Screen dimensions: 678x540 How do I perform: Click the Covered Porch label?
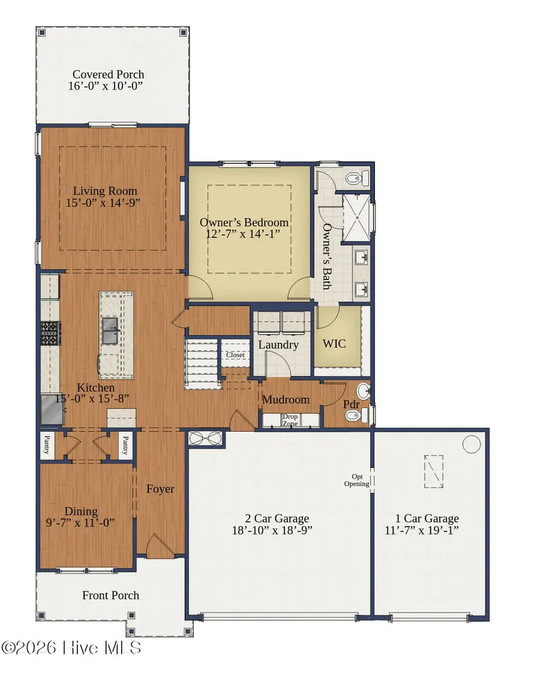click(x=108, y=75)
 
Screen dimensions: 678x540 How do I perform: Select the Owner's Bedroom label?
click(x=244, y=223)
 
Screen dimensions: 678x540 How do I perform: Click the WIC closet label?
click(x=334, y=345)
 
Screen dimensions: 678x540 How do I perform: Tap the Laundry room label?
click(x=278, y=345)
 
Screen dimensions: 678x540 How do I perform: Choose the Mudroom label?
click(x=286, y=399)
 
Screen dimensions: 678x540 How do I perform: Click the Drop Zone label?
click(x=290, y=420)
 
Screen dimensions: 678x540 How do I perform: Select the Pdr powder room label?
click(x=351, y=404)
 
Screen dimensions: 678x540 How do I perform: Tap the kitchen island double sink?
click(x=110, y=331)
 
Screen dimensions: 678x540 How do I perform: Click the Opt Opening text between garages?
click(x=356, y=480)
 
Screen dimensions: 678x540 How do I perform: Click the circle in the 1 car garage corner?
click(x=472, y=444)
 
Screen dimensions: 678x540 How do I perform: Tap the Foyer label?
click(x=160, y=489)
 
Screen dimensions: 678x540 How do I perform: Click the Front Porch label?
click(x=110, y=595)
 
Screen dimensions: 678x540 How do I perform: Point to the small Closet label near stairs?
click(x=235, y=355)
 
